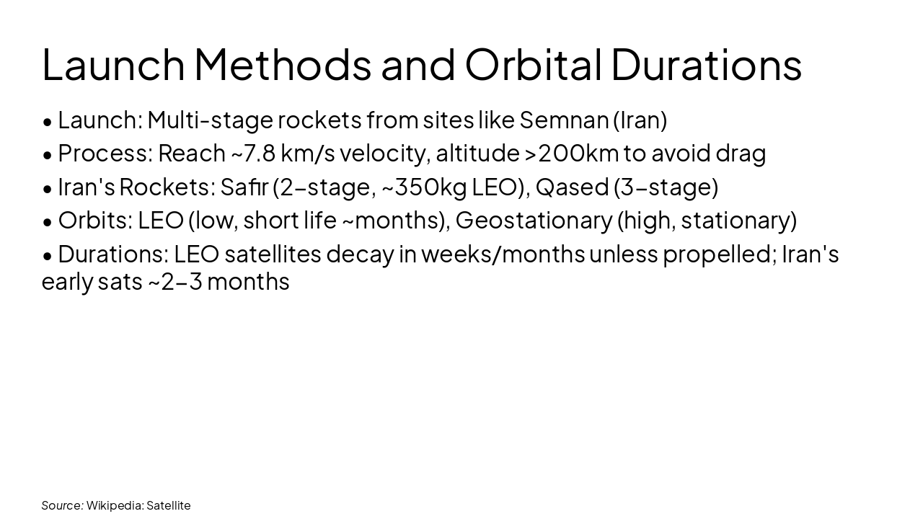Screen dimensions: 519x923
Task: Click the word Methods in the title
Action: tap(282, 64)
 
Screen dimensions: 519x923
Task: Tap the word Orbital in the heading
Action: tap(533, 64)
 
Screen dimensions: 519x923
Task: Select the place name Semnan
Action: tap(564, 120)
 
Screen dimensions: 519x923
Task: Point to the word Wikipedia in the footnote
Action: tap(114, 505)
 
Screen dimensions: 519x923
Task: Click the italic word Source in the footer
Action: tap(62, 505)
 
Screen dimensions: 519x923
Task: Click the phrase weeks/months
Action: tap(503, 254)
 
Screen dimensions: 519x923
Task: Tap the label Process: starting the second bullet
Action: tap(105, 154)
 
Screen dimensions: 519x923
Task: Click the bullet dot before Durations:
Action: tap(48, 255)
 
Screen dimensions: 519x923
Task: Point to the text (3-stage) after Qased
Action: tap(666, 187)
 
